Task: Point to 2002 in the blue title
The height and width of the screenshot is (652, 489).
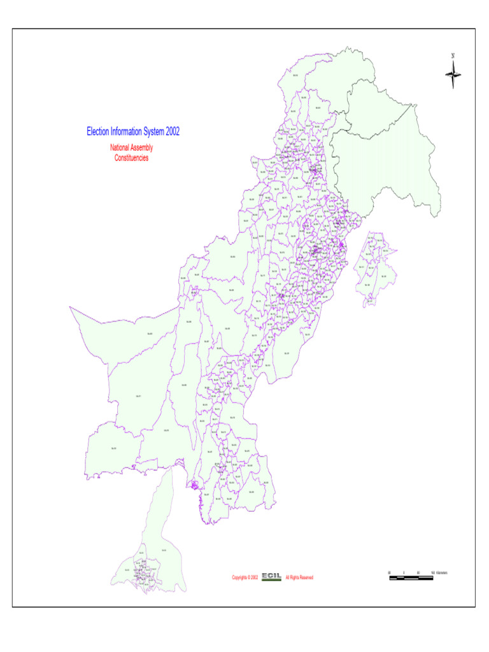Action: click(x=173, y=132)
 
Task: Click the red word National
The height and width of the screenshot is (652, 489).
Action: click(x=120, y=148)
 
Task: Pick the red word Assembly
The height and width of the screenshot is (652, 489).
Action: click(x=143, y=148)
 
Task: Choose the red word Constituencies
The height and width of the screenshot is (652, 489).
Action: click(x=131, y=158)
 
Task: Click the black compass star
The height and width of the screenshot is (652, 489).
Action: click(x=453, y=75)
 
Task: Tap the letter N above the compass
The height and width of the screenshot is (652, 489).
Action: click(x=453, y=55)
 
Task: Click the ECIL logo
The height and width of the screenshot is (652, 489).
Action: click(x=272, y=577)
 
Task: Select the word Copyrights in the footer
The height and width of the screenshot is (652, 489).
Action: click(x=240, y=578)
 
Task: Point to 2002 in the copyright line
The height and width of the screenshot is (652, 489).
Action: click(x=254, y=578)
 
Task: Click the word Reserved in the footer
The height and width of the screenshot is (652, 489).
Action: click(x=305, y=578)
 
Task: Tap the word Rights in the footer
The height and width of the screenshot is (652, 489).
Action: click(x=294, y=578)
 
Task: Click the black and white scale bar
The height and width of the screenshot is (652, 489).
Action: click(x=411, y=578)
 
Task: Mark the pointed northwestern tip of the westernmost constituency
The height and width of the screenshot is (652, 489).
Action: click(x=71, y=308)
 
